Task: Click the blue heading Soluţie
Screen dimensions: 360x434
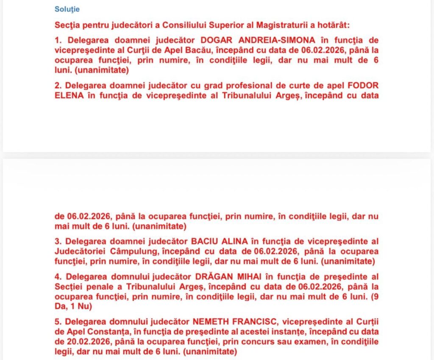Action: (67, 9)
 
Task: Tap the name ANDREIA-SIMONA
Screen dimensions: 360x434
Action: (276, 40)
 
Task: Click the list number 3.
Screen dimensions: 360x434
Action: (58, 241)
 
